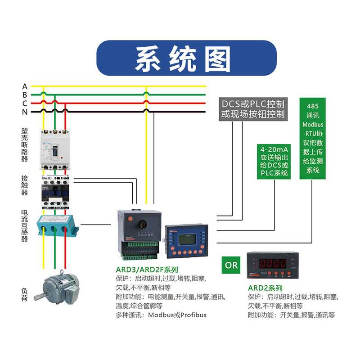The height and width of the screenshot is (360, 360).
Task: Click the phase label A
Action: [x=25, y=86]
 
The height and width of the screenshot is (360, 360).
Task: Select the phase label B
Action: [x=25, y=94]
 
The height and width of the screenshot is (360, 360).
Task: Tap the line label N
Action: [x=25, y=112]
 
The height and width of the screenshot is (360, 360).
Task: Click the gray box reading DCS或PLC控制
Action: [x=253, y=108]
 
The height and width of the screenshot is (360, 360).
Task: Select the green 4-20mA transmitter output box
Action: [x=274, y=161]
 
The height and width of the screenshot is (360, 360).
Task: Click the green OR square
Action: [x=231, y=265]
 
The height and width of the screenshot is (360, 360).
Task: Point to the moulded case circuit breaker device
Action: [x=55, y=149]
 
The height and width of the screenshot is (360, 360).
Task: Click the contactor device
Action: [x=55, y=191]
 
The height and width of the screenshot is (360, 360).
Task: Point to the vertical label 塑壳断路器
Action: [x=25, y=144]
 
